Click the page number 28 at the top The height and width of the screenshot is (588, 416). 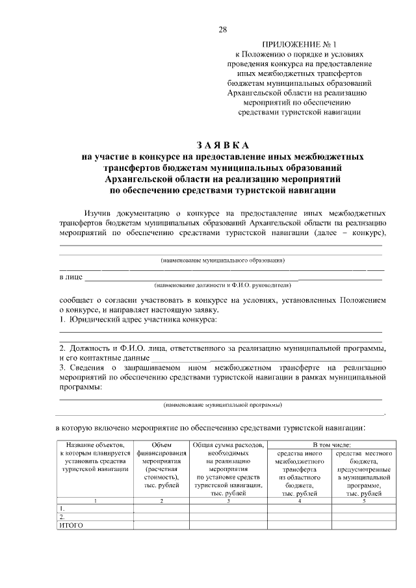coord(222,29)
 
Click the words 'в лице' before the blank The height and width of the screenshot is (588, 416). coord(70,277)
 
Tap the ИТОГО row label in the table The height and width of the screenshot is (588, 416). coord(71,525)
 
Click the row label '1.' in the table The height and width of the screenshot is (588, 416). coord(62,507)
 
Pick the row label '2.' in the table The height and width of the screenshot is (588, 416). coord(62,516)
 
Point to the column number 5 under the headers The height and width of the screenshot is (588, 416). coord(363,500)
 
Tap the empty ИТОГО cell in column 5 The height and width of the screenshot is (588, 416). coord(363,525)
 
